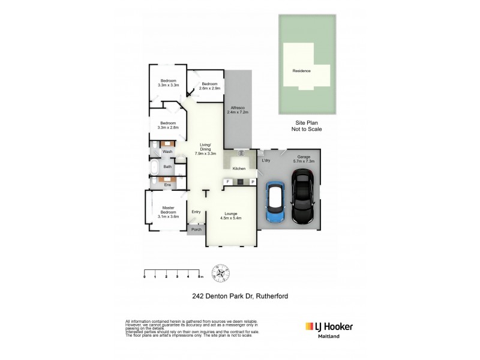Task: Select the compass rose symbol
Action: (x=223, y=272)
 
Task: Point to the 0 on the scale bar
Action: (x=145, y=277)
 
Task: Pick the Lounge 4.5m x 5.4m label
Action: (x=231, y=216)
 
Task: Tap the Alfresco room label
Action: (x=238, y=110)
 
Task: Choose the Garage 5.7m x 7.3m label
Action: (x=303, y=158)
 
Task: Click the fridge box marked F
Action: (x=227, y=181)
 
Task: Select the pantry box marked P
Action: (x=253, y=181)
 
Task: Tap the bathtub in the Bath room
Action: (x=155, y=167)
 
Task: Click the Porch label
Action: (x=196, y=229)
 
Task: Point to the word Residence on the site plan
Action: (x=301, y=71)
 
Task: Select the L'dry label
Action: (x=266, y=160)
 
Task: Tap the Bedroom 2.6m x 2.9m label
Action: (x=211, y=85)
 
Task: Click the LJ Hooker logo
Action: (x=329, y=326)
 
